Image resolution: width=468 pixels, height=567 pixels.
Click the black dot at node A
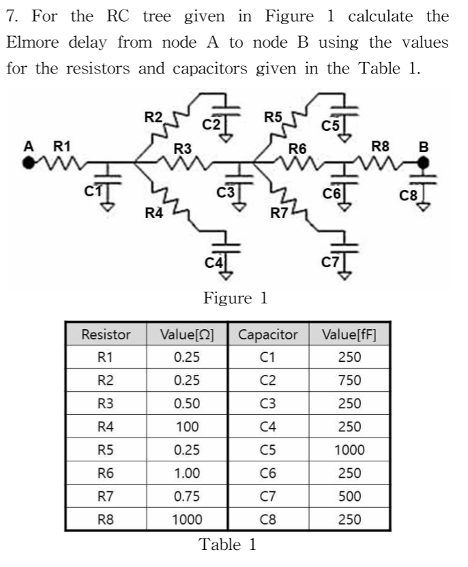[x=29, y=163]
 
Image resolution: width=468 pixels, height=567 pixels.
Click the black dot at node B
[x=424, y=163]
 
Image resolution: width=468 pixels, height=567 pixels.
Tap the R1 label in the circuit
[x=62, y=145]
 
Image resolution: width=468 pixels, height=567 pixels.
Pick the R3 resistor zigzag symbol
[x=183, y=163]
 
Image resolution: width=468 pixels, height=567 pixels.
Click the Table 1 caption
[x=229, y=545]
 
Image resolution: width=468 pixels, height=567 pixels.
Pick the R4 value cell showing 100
[x=187, y=427]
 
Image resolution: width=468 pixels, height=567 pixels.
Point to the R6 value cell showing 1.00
[x=187, y=472]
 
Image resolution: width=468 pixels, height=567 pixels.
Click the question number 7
[x=10, y=14]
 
